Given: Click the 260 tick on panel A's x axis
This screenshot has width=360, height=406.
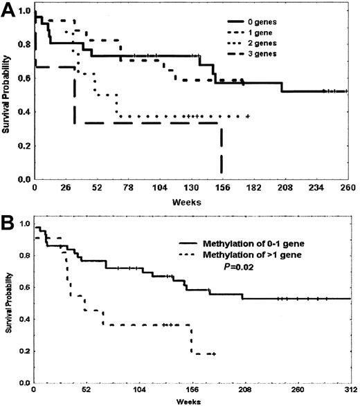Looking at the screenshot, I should (347, 188).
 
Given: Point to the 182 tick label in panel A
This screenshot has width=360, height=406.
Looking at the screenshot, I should (253, 188).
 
